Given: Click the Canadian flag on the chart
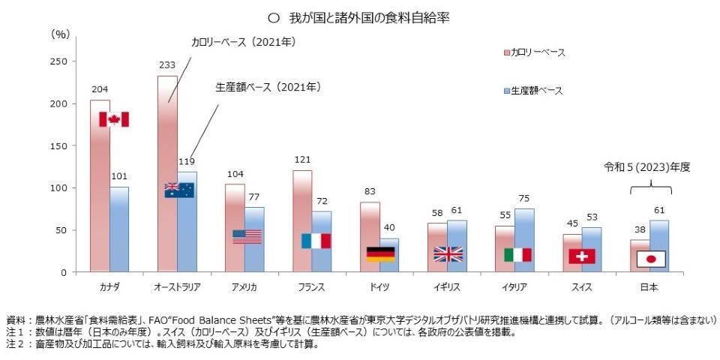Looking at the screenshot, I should pos(114,119).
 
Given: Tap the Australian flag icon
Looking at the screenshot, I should pos(180,190).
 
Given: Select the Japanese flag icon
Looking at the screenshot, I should pos(651,259).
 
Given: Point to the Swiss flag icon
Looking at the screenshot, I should pos(582,256).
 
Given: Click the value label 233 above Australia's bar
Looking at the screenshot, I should pos(167,64).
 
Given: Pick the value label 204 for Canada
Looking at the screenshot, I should pos(100,89).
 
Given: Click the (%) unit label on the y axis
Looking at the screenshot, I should pos(60,34).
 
